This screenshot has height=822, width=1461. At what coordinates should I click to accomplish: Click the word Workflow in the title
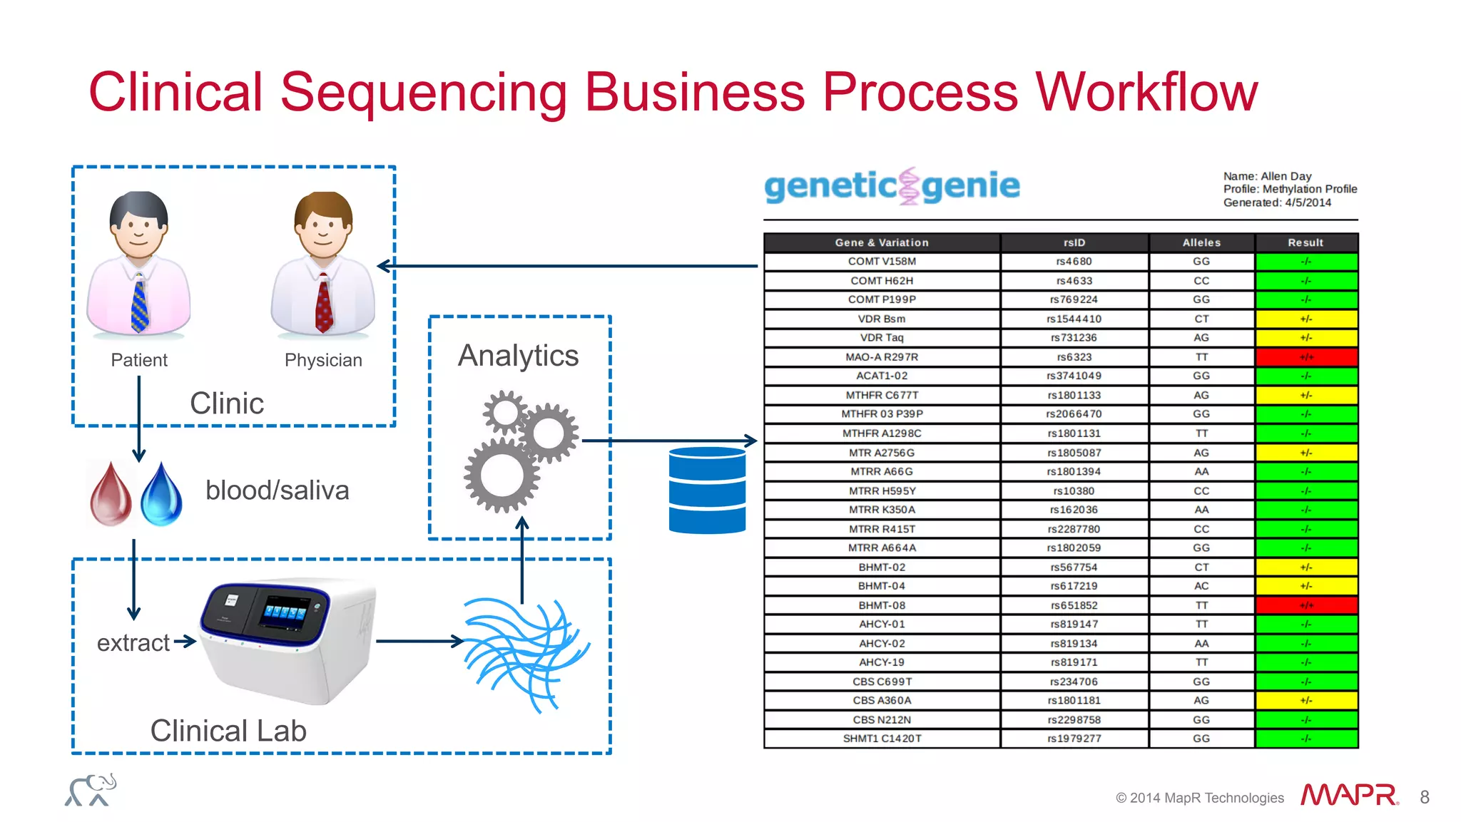(1146, 93)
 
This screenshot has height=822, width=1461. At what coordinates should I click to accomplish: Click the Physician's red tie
(324, 305)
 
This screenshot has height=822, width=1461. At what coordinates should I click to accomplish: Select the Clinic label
(227, 404)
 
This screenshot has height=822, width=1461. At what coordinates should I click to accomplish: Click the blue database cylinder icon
(707, 490)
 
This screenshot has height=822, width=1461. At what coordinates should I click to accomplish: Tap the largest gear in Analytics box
(502, 475)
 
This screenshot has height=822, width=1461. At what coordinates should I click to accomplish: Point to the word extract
(133, 643)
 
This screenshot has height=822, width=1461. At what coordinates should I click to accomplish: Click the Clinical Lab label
(228, 731)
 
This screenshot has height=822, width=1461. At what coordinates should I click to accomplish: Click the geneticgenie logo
(892, 186)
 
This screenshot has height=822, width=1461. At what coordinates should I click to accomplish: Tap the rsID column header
(1074, 242)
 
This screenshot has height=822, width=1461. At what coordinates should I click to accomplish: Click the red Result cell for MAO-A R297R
(1305, 357)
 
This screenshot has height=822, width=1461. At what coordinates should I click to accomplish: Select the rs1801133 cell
(1074, 395)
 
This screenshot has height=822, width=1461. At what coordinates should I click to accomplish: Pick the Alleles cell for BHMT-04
(1201, 586)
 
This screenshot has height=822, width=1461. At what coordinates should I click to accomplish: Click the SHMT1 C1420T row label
(882, 739)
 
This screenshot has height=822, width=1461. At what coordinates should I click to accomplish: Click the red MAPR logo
(1349, 795)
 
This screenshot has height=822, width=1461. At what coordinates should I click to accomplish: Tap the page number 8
(1424, 797)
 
